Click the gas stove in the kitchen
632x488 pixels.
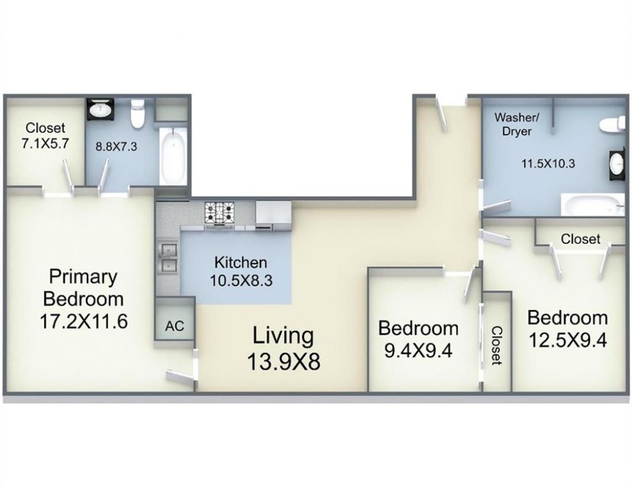220,213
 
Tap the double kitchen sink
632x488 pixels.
168,258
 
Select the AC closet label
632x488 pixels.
175,326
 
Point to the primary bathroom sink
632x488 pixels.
101,109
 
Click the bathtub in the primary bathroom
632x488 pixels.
173,155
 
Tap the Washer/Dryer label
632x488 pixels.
517,124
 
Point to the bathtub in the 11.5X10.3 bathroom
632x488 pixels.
592,205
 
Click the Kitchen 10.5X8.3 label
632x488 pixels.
241,271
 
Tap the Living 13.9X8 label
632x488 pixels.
283,349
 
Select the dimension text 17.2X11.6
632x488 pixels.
83,321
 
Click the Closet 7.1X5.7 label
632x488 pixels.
44,135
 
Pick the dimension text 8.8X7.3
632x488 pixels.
116,146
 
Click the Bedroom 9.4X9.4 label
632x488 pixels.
418,339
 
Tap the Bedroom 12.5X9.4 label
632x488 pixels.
568,329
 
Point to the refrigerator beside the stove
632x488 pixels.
273,216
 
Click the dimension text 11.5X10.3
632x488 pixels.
548,164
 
